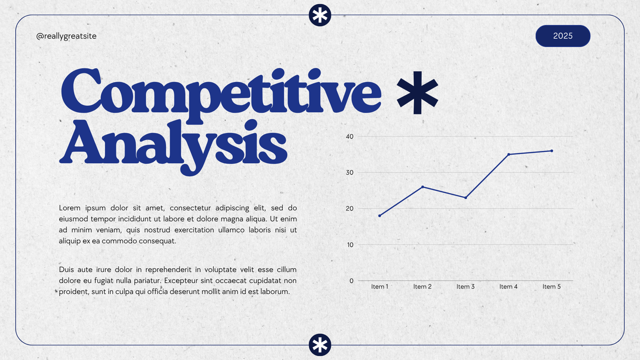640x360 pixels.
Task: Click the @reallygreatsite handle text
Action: coord(66,36)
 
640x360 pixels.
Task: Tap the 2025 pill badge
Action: coord(562,36)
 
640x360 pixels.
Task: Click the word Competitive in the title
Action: coord(220,91)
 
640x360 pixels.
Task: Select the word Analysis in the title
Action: coord(173,144)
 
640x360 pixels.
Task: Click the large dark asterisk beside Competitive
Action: coord(417,92)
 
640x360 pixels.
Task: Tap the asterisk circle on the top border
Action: coord(320,16)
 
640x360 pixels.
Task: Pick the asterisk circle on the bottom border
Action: coord(320,345)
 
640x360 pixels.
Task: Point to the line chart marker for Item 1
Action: coord(379,215)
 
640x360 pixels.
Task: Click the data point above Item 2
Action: coord(422,187)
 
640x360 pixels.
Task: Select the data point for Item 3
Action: coord(465,197)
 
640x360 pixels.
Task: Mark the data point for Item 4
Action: coord(508,154)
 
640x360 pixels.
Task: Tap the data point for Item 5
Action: coord(551,150)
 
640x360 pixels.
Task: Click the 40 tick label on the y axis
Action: coord(349,136)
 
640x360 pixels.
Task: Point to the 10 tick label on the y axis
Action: coord(349,244)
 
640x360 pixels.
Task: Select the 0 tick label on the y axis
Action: coord(351,280)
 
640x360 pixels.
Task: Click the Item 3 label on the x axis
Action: coord(465,286)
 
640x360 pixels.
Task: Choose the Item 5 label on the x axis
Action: coord(551,286)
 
